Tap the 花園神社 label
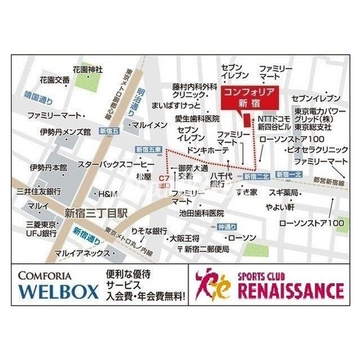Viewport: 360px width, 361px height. click(87, 70)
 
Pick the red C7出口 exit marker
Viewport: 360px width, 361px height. click(165, 165)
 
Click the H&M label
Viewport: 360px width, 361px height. click(108, 193)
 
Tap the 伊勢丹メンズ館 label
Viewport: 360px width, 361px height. click(65, 132)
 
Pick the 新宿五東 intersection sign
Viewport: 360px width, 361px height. click(149, 149)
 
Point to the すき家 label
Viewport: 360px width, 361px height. click(246, 193)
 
